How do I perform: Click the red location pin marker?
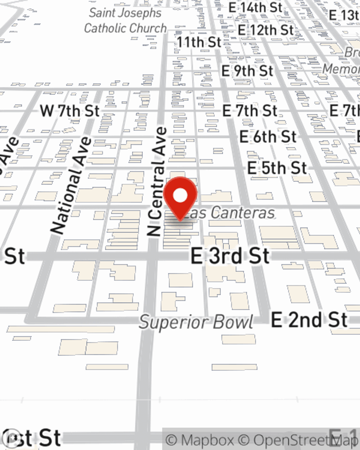click(180, 198)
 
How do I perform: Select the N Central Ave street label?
click(157, 182)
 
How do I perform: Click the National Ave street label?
click(71, 185)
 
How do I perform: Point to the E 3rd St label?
click(230, 256)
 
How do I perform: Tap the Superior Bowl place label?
click(196, 322)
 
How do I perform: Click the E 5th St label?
click(277, 168)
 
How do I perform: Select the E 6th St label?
click(268, 137)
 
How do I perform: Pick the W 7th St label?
click(69, 111)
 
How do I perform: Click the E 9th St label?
click(247, 71)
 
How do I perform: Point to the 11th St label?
click(199, 42)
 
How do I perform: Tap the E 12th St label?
click(266, 30)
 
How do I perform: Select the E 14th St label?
click(255, 7)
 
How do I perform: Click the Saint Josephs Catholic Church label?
click(125, 21)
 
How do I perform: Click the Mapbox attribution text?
click(200, 440)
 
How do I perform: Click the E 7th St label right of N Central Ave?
click(249, 111)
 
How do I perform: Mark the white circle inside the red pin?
click(180, 196)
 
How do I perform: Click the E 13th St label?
click(344, 15)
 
